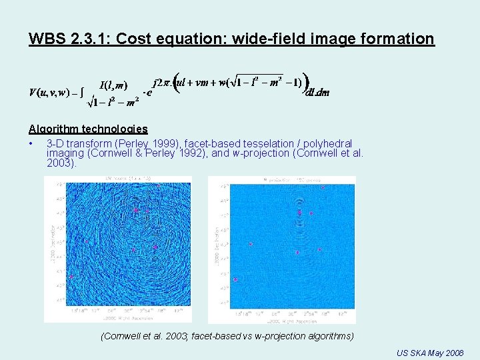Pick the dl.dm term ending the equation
click(x=317, y=93)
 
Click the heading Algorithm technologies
click(x=88, y=129)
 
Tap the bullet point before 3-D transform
click(x=31, y=143)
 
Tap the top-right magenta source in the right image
click(x=323, y=188)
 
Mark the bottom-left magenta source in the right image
click(x=235, y=279)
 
